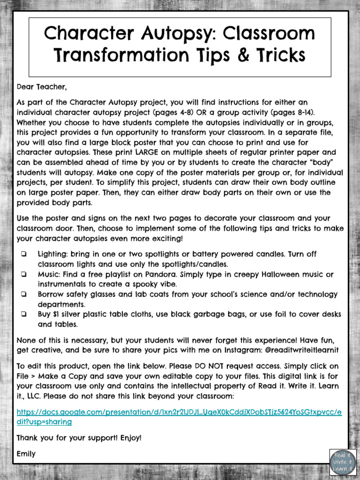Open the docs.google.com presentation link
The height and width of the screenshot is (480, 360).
pos(179,416)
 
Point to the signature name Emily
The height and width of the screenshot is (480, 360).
pos(26,454)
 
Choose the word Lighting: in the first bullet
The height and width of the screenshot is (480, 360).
pos(53,254)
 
